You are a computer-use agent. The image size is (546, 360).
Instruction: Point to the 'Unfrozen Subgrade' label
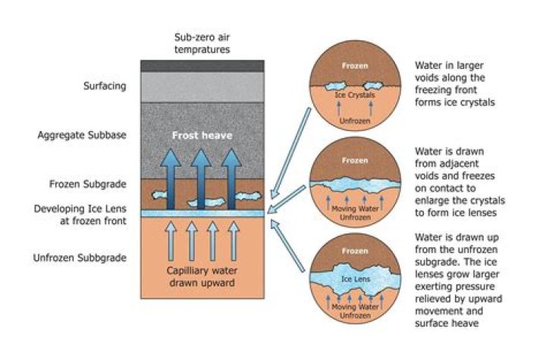tap(80, 258)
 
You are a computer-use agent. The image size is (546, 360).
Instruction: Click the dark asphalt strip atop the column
tap(202, 66)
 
